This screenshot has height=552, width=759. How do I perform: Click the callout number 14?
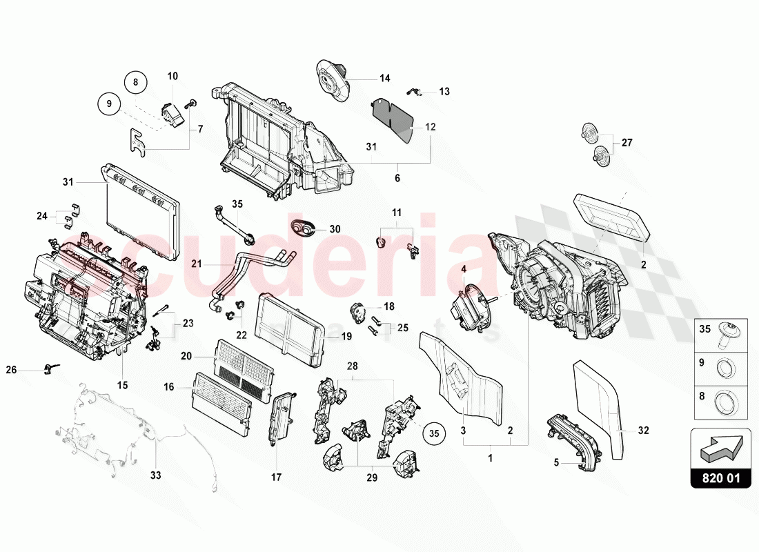pyautogui.click(x=384, y=78)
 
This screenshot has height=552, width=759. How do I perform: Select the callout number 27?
pyautogui.click(x=627, y=143)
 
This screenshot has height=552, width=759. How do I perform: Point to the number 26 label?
pyautogui.click(x=30, y=370)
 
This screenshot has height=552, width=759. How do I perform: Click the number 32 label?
pyautogui.click(x=643, y=431)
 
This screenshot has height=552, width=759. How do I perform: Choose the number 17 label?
pyautogui.click(x=276, y=476)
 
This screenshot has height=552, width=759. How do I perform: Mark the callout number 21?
pyautogui.click(x=196, y=264)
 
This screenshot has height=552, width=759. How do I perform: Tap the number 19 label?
pyautogui.click(x=346, y=336)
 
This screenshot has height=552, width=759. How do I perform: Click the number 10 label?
pyautogui.click(x=172, y=76)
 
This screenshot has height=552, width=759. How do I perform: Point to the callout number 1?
pyautogui.click(x=491, y=457)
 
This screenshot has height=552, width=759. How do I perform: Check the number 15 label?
pyautogui.click(x=122, y=384)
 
